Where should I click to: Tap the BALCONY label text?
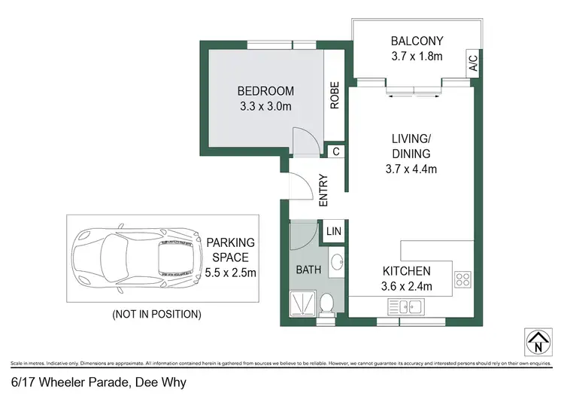pyautogui.click(x=416, y=41)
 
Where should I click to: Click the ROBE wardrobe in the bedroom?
pyautogui.click(x=335, y=96)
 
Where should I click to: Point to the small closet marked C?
pyautogui.click(x=335, y=151)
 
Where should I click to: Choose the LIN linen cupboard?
pyautogui.click(x=332, y=232)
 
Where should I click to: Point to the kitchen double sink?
pyautogui.click(x=405, y=306)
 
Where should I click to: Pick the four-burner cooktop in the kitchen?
pyautogui.click(x=462, y=280)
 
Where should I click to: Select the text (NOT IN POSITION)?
pyautogui.click(x=156, y=312)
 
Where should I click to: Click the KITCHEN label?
pyautogui.click(x=406, y=271)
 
